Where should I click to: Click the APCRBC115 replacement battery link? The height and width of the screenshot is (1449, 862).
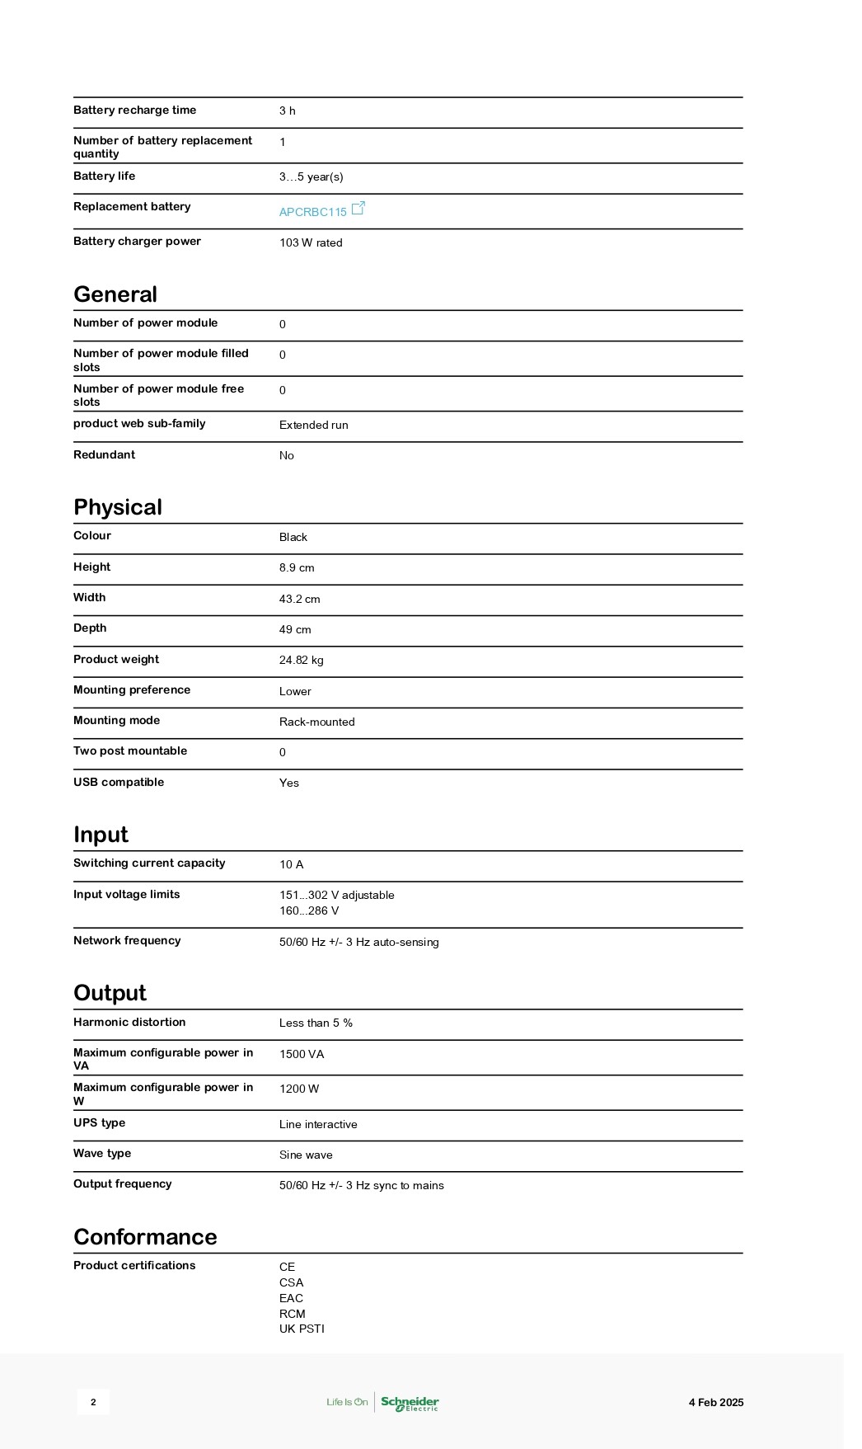pos(312,212)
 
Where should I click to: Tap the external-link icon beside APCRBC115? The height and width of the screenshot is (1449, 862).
pos(358,209)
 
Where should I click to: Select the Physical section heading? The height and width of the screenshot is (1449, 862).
pos(118,507)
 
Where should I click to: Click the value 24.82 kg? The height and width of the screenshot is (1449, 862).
pos(301,661)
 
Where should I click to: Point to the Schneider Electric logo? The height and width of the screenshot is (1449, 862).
pos(410,1403)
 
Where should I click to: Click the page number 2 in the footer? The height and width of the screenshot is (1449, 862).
pos(93,1402)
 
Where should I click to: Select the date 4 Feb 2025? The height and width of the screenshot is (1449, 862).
pos(715,1403)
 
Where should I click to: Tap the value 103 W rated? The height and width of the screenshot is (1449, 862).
pos(311,243)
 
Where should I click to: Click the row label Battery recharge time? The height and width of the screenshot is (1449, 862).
pos(134,111)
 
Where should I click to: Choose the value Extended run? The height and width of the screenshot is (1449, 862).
pos(313,426)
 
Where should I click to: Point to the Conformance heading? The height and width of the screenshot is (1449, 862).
pos(145,1237)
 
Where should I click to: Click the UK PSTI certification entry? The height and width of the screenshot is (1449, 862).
pos(302,1329)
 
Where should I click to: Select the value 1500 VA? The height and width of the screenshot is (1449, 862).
pos(302,1055)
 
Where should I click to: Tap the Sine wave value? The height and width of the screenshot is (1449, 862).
pos(306,1155)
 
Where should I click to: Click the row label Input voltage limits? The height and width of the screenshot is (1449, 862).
pos(126,895)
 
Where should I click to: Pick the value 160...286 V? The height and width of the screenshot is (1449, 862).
pos(309,911)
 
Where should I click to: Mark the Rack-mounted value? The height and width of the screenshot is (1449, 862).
pos(316,722)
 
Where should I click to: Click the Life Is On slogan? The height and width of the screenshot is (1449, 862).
pos(347,1403)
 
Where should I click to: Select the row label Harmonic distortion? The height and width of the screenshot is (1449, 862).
pos(129,1023)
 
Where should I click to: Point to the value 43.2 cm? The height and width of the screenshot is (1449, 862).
pos(299,600)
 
